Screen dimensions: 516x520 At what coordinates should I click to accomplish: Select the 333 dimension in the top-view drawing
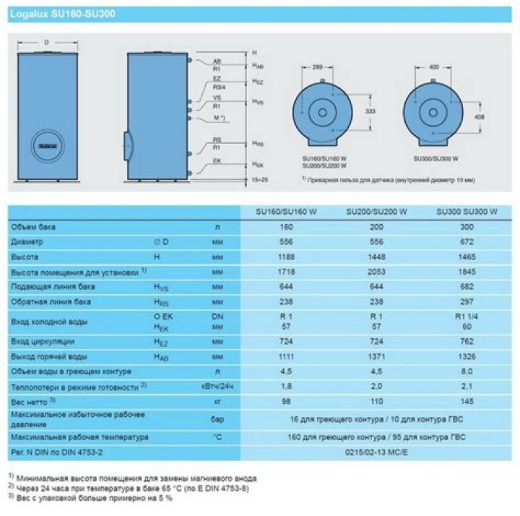click(x=370, y=113)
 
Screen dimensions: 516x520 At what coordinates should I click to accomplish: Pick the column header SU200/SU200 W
click(x=376, y=212)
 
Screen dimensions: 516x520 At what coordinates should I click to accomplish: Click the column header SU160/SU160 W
click(x=287, y=212)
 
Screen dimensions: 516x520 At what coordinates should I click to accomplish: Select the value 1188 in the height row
click(x=287, y=257)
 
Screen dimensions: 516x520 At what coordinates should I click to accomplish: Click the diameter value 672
click(x=467, y=242)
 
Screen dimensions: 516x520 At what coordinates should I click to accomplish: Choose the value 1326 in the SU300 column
click(x=467, y=357)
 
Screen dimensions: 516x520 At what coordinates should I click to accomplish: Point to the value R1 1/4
click(x=467, y=317)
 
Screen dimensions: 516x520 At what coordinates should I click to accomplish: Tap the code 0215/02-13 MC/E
click(x=376, y=452)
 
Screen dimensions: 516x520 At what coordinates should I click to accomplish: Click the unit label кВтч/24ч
click(x=217, y=386)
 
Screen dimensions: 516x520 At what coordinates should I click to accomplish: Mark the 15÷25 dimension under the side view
click(x=259, y=178)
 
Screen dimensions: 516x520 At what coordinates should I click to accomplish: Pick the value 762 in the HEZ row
click(x=467, y=341)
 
